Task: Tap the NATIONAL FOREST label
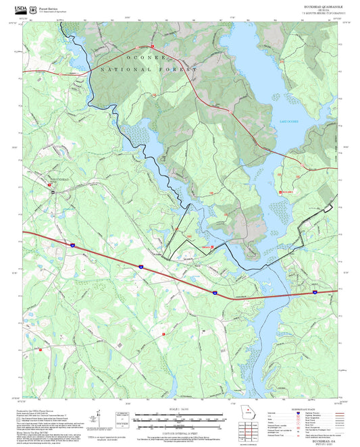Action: pyautogui.click(x=149, y=70)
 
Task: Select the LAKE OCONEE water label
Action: pyautogui.click(x=289, y=121)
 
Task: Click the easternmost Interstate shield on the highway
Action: pyautogui.click(x=214, y=293)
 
